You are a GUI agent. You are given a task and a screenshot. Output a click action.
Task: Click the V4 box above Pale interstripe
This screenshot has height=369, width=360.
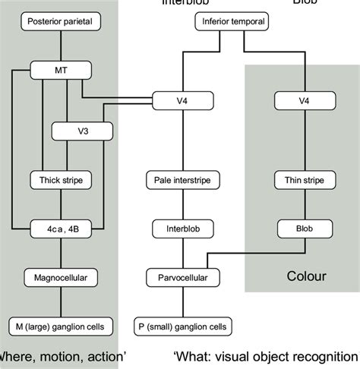point(183,100)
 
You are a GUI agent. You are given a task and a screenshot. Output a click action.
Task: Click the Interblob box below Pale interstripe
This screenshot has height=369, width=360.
point(183,228)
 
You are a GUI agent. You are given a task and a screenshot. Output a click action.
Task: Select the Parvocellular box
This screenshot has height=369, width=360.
point(183,278)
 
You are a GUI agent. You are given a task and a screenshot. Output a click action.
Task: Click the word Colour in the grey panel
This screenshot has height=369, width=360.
point(305,276)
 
